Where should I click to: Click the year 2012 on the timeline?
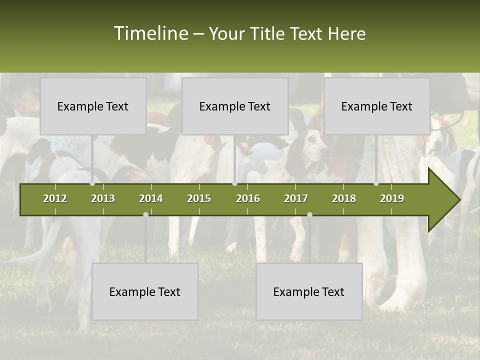(55, 198)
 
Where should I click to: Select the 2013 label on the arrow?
(103, 198)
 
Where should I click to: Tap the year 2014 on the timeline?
(151, 198)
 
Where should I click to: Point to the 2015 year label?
(199, 198)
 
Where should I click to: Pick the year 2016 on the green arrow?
(248, 198)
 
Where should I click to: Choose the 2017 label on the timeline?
(296, 198)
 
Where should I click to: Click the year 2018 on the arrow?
(344, 198)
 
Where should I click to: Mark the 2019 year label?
(392, 198)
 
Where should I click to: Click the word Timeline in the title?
(150, 33)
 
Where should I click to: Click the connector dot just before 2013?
(92, 183)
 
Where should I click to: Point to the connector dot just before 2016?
(234, 183)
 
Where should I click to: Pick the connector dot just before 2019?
(376, 183)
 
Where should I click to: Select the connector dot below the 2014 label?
(145, 214)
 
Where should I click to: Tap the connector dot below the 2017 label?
(309, 214)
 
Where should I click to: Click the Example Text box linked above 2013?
(93, 106)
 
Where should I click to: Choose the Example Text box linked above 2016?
(235, 106)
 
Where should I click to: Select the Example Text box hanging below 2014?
(145, 291)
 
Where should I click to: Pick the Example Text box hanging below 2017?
(309, 291)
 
